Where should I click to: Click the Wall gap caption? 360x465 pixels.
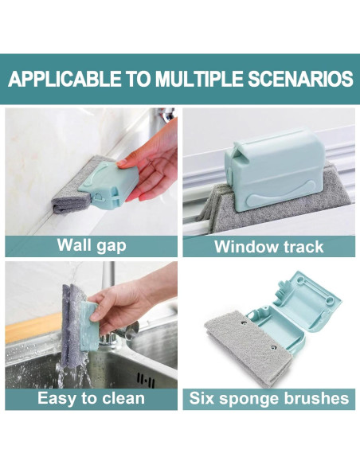91,245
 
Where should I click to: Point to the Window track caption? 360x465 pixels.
268,246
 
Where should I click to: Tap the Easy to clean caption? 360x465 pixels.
91,397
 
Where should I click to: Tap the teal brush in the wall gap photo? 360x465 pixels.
107,186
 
